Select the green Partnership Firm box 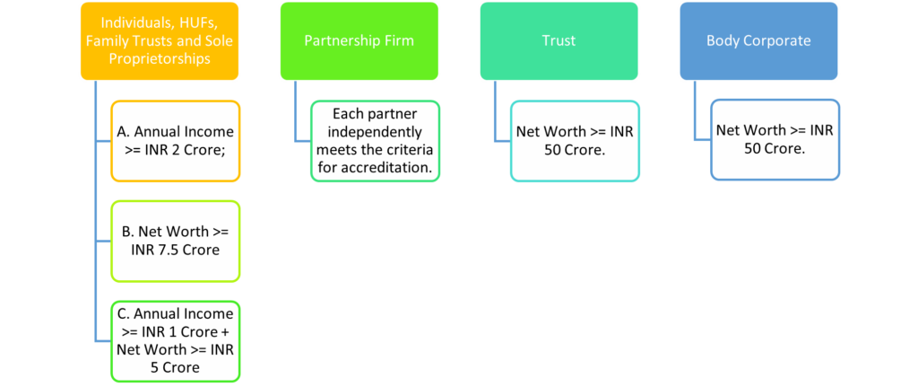359,41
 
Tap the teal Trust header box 559,41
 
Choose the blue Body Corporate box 758,41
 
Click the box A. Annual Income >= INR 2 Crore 175,141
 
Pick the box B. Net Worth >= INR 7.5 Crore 175,240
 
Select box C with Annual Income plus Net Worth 175,340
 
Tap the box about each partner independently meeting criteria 375,141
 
